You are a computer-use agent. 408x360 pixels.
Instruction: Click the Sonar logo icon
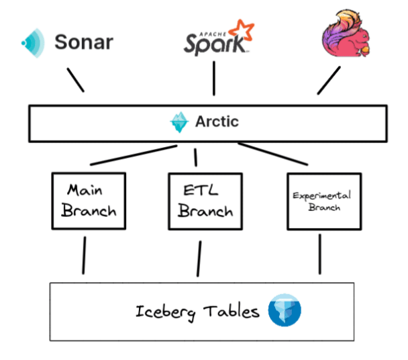(32, 42)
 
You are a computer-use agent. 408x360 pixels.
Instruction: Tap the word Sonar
(83, 43)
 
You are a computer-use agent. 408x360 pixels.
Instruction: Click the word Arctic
(217, 123)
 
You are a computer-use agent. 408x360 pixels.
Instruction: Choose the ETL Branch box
(201, 201)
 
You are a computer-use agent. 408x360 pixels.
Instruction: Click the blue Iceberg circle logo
(285, 310)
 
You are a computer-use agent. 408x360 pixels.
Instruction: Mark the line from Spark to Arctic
(213, 79)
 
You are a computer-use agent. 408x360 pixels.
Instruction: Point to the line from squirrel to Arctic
(329, 81)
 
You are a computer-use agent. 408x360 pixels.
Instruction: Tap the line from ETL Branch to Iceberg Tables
(199, 258)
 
